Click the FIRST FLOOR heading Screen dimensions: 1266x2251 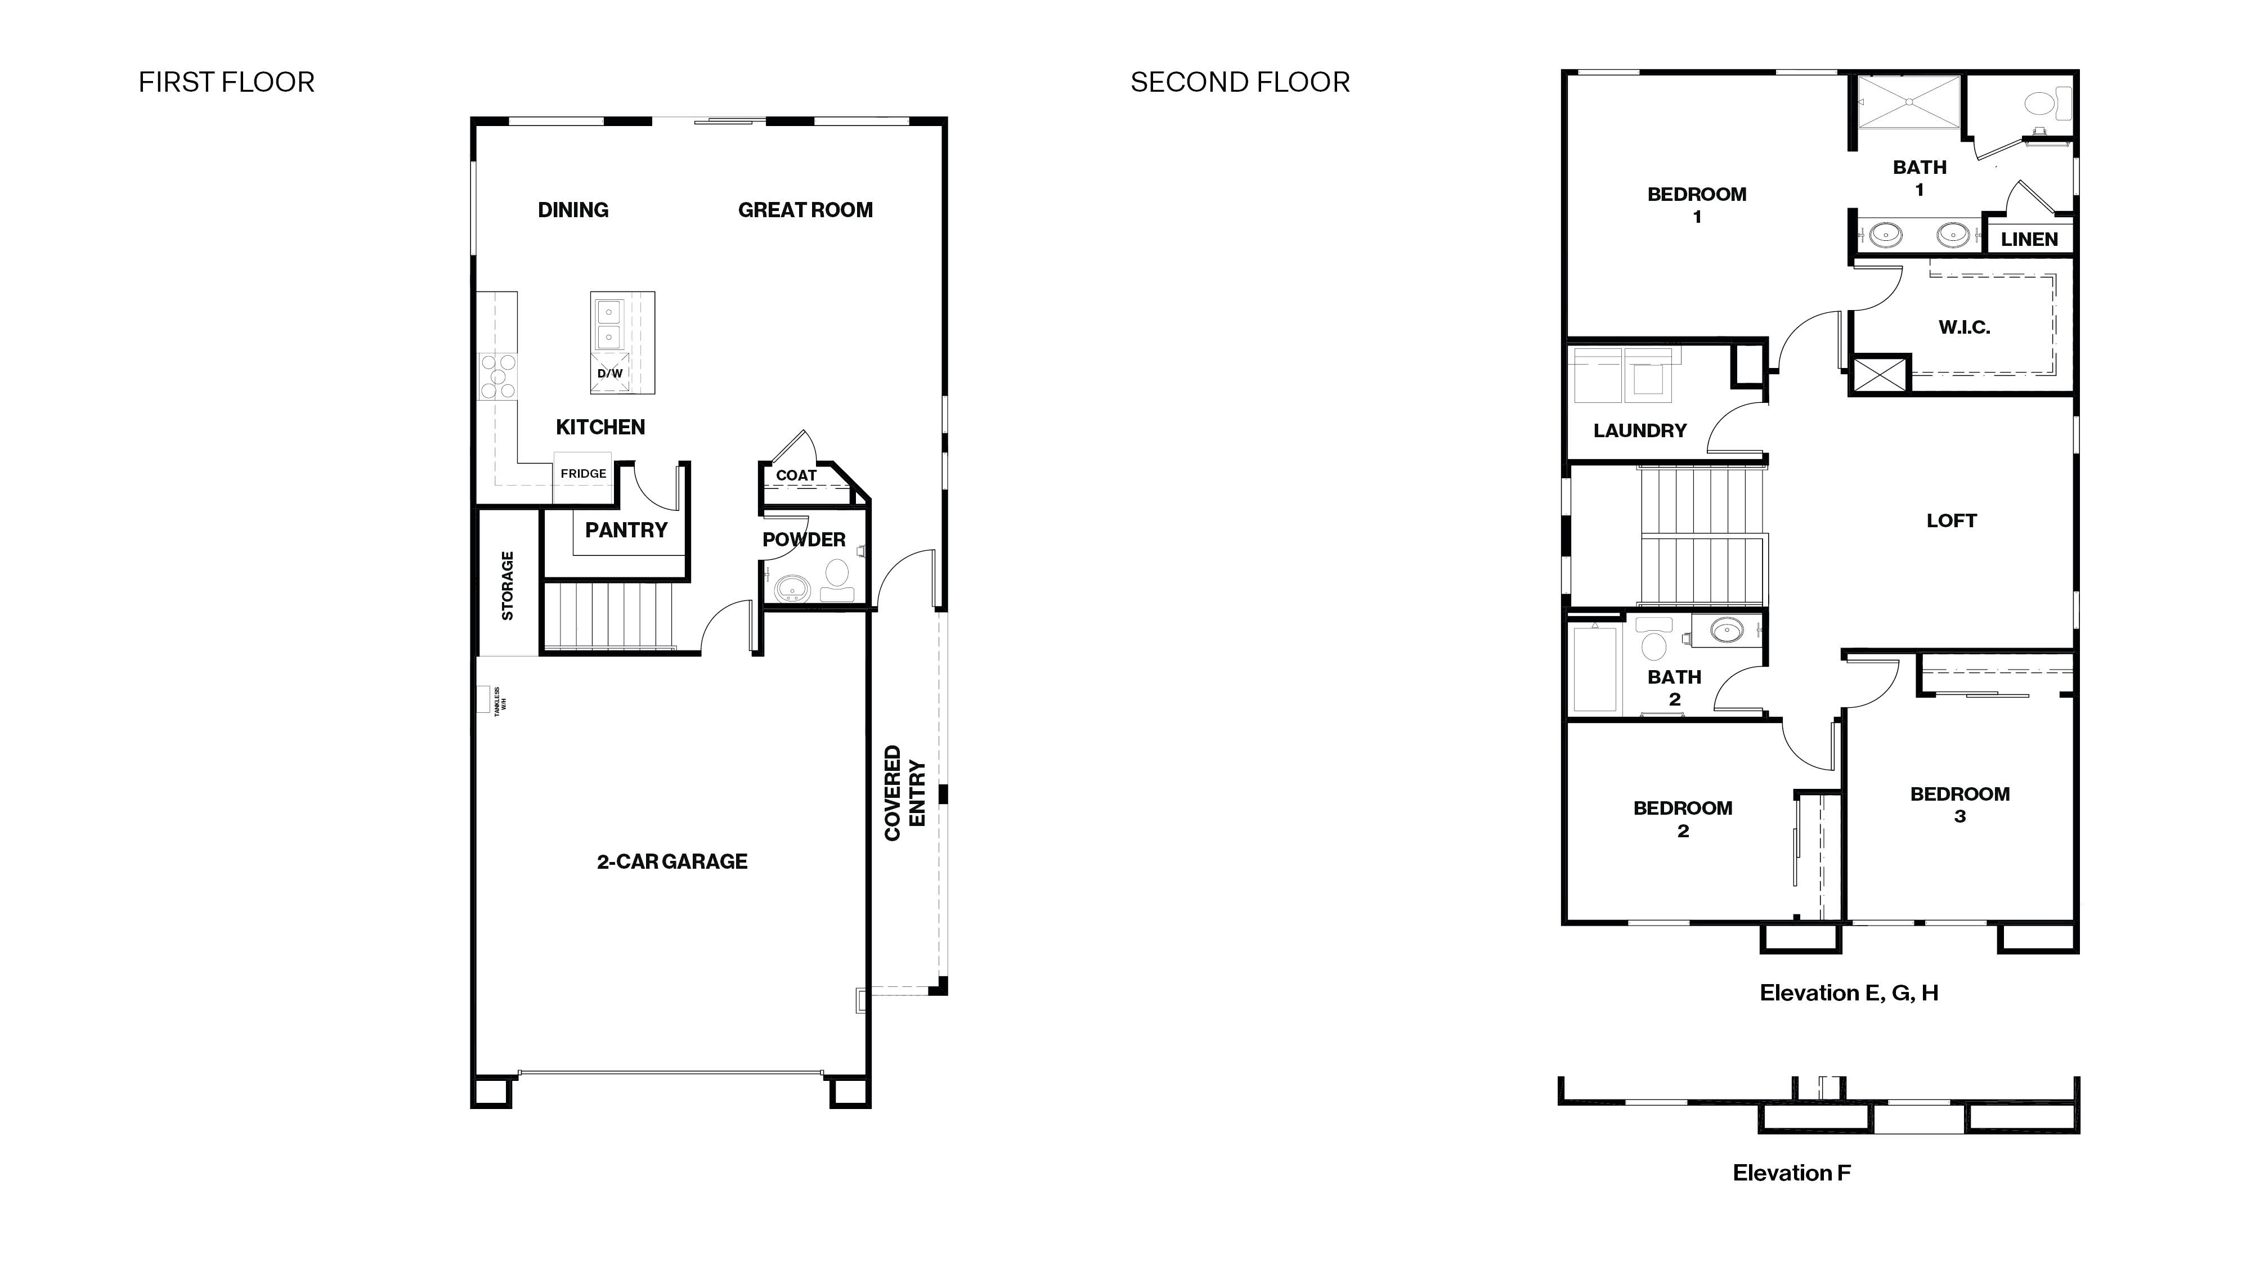point(226,82)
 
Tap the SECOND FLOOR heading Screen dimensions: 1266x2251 point(1239,82)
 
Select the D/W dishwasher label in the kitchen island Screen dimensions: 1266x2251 point(610,373)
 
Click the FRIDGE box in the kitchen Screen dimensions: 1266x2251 point(583,474)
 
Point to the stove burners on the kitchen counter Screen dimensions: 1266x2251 point(498,376)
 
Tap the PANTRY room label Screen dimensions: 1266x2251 point(626,529)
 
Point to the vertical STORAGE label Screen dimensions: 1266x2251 point(508,585)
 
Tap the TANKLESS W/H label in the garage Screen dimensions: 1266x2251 point(500,701)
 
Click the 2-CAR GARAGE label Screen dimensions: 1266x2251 point(672,861)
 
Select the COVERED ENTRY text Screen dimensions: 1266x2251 point(904,792)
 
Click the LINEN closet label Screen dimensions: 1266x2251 point(2029,239)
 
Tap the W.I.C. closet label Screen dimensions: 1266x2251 point(1963,327)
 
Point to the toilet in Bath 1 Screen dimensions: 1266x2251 point(2044,105)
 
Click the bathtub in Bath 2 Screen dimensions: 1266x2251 point(1595,668)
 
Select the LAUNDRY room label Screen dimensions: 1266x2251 point(1639,430)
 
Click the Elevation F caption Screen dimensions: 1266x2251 point(1791,1173)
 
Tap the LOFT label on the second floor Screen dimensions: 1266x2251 point(1951,520)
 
